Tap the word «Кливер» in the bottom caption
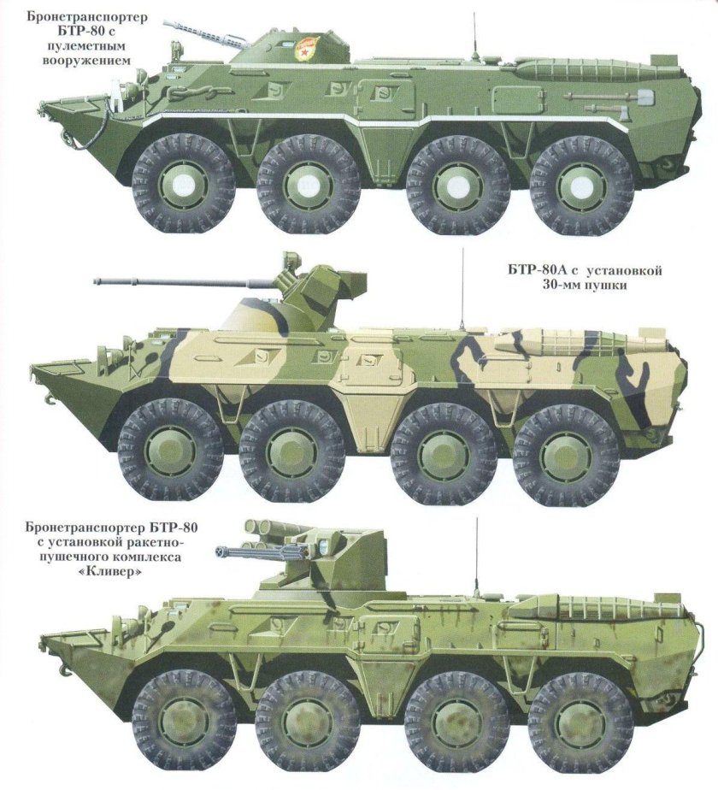(109, 571)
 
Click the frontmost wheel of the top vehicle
(183, 184)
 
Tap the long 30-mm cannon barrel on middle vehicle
(171, 280)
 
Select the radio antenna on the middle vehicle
(462, 286)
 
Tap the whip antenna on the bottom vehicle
(476, 556)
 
